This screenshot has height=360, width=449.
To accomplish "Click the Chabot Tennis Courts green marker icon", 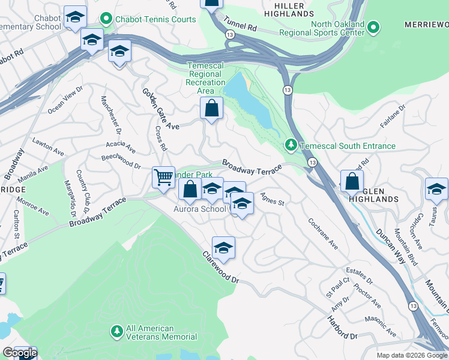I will coord(107,19).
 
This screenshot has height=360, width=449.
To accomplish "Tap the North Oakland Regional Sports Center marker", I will coord(373,28).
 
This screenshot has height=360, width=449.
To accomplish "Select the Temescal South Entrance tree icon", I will coord(291,145).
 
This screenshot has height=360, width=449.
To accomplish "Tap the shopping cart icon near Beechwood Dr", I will coord(163,177).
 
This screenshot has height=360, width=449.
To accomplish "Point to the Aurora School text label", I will coord(200,209).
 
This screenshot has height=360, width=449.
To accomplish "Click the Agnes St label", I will coord(272,200).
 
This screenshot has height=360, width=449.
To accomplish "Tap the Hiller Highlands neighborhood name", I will coord(294,9).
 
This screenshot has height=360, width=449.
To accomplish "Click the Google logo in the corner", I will coord(19,353).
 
